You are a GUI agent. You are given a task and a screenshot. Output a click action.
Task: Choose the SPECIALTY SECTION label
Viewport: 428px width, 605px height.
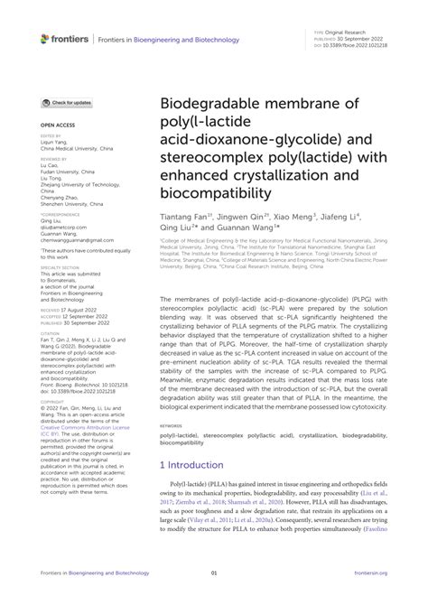click(60, 268)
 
